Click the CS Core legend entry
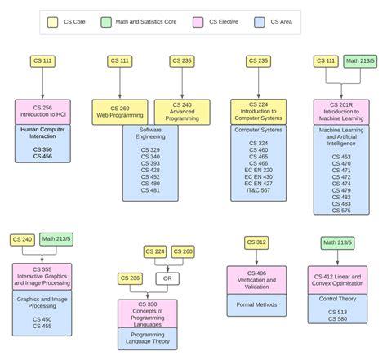(70, 22)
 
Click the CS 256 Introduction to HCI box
(43, 112)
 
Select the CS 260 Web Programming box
(120, 112)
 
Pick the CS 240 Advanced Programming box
(182, 112)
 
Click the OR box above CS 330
(169, 278)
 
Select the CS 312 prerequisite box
(256, 242)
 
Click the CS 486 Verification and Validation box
(256, 279)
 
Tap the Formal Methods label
(256, 305)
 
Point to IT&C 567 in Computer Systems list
(258, 189)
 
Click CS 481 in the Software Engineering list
(150, 191)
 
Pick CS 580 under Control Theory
(337, 318)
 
